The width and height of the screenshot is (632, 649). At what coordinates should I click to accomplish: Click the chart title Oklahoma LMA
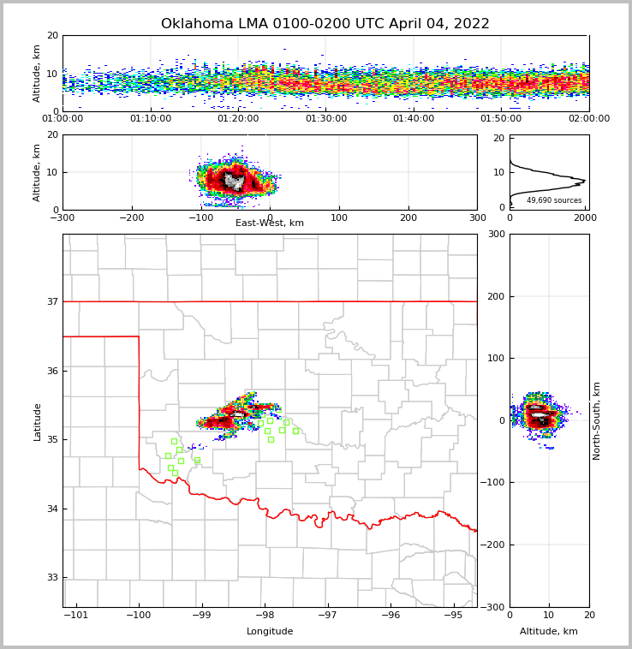pos(325,24)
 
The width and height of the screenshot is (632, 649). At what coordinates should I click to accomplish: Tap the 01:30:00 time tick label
pos(326,119)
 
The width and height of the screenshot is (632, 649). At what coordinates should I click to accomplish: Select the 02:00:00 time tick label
pos(589,119)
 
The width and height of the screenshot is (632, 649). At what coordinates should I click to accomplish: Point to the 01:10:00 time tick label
pos(151,119)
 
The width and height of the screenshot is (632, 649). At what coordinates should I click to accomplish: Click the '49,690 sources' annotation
pos(554,200)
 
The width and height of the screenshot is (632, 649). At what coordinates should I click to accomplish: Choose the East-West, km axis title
pos(270,223)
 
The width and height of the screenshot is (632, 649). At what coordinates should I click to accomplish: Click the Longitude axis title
pos(270,632)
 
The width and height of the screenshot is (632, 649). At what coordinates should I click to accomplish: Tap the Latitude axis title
pos(38,421)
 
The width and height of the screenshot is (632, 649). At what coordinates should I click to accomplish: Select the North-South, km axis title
pos(597,420)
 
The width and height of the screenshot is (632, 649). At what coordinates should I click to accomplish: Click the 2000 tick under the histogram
pos(585,218)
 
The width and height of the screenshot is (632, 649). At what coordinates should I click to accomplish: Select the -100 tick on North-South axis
pos(492,483)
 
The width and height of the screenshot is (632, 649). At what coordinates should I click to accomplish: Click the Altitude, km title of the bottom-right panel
pos(549,632)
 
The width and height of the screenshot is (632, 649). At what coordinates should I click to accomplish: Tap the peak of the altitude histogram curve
pos(585,180)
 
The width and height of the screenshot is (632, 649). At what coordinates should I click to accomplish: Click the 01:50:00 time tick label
pos(501,119)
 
